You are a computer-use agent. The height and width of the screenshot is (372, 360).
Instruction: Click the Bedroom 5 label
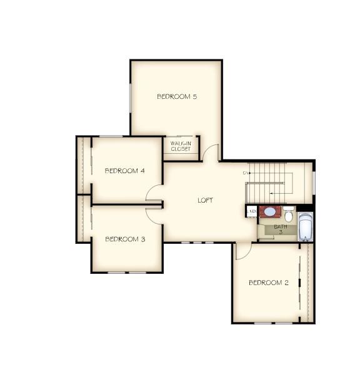click(177, 96)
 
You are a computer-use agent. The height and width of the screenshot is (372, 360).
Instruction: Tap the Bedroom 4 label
click(125, 171)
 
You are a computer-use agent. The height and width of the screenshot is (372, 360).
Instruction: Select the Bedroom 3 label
click(125, 239)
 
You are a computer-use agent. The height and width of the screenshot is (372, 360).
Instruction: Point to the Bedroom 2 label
click(269, 283)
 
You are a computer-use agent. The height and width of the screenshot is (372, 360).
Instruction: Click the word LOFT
click(205, 200)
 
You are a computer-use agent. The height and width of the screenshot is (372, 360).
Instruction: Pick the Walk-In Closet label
click(181, 146)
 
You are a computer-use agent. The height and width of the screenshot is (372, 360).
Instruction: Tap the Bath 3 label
click(281, 229)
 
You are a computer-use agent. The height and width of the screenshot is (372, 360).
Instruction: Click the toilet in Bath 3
click(289, 214)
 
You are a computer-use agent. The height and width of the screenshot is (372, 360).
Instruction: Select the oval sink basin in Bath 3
click(270, 212)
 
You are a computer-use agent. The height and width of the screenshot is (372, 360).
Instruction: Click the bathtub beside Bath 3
click(305, 227)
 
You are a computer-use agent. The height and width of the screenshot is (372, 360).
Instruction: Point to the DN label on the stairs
click(246, 173)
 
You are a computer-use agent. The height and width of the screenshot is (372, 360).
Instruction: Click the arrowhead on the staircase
click(251, 173)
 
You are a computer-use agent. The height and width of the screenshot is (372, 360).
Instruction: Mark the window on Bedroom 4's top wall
click(111, 136)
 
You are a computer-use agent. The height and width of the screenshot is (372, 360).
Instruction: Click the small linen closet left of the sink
click(252, 211)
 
